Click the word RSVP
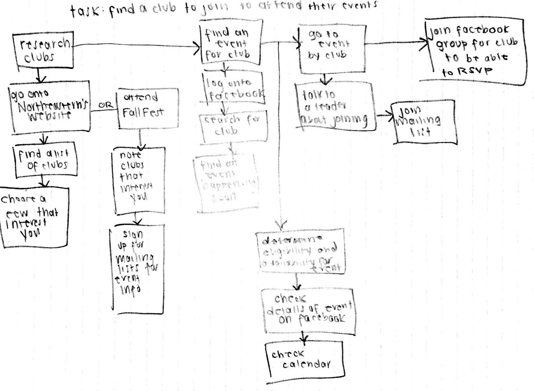[475, 71]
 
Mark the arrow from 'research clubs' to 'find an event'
[136, 46]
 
